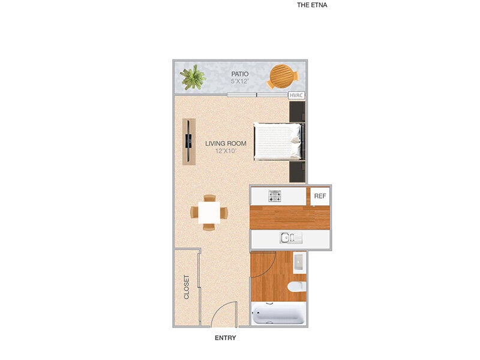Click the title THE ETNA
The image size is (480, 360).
click(x=312, y=5)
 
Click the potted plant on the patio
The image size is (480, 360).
click(x=193, y=77)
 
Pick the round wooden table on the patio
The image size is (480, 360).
click(x=281, y=77)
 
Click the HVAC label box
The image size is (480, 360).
click(x=296, y=95)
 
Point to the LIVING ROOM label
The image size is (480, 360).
click(x=226, y=143)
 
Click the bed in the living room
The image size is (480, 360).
click(x=277, y=142)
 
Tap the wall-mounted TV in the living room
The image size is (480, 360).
click(x=188, y=141)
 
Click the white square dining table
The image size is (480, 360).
click(x=209, y=212)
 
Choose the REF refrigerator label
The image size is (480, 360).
click(x=320, y=196)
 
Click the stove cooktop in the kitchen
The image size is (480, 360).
click(x=275, y=196)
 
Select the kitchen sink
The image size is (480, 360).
click(x=290, y=238)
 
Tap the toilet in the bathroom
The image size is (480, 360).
click(x=295, y=287)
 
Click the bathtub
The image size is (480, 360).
click(x=278, y=313)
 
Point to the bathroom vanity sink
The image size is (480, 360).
click(x=298, y=262)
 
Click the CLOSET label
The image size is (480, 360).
click(x=187, y=287)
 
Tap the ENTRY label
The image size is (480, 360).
click(x=226, y=338)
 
